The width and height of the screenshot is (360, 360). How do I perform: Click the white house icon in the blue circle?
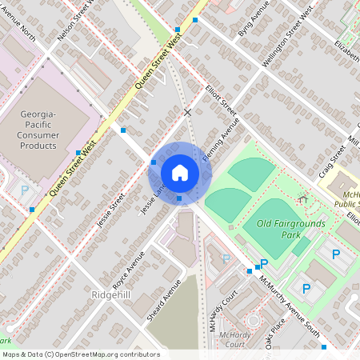coord(179,173)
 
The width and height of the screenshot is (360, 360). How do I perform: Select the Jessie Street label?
coord(111,210)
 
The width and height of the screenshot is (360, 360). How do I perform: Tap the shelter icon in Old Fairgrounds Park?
coord(302,197)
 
